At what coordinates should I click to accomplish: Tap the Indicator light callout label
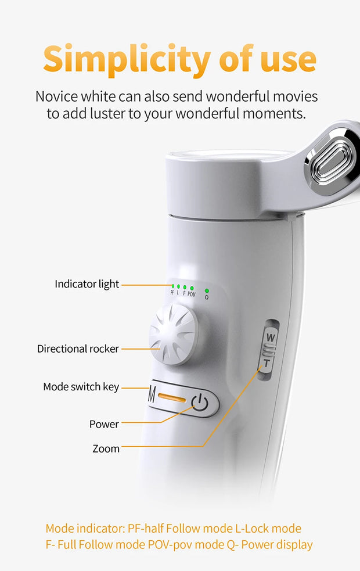tap(87, 284)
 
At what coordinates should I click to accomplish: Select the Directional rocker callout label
tap(78, 349)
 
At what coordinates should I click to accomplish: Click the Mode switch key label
tap(81, 387)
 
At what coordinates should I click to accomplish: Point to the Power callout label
tap(104, 424)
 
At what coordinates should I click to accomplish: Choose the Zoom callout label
tap(106, 448)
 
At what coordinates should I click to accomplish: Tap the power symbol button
tap(200, 403)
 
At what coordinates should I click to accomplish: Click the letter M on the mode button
tap(152, 394)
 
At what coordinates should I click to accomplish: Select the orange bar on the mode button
tap(172, 397)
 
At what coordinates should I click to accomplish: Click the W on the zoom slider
tap(271, 337)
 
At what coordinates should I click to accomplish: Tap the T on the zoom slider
tap(267, 363)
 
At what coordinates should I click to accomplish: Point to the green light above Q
tap(207, 291)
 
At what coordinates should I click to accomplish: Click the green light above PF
tap(173, 286)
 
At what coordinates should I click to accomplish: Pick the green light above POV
tap(192, 289)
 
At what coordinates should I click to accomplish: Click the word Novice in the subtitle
tap(56, 96)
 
